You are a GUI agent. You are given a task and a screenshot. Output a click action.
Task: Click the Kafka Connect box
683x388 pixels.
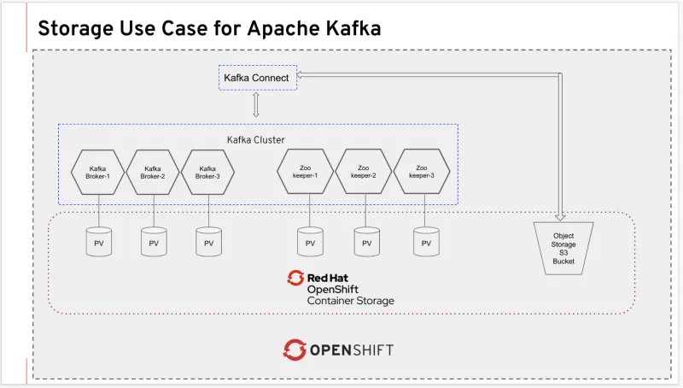click(x=256, y=78)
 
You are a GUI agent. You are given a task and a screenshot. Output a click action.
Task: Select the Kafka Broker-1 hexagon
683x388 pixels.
click(x=98, y=172)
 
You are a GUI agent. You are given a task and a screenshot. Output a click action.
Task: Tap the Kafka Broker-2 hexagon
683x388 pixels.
click(x=153, y=172)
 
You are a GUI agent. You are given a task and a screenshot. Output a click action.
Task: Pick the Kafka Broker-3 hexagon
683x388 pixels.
click(x=207, y=172)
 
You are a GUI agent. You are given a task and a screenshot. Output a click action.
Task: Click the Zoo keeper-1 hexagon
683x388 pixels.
click(x=304, y=172)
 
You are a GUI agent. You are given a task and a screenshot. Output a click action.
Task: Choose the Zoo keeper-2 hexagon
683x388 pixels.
click(x=364, y=172)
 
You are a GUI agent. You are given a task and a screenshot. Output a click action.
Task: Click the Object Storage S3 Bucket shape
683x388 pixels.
click(x=563, y=248)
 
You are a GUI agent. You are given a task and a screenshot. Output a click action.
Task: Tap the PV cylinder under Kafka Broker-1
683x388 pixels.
click(x=98, y=242)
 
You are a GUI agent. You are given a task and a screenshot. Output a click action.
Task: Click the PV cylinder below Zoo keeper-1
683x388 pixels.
click(x=309, y=242)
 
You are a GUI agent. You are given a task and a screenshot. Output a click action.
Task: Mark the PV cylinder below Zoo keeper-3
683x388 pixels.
click(x=425, y=242)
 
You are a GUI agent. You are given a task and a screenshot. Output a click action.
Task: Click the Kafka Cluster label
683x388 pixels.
click(x=255, y=139)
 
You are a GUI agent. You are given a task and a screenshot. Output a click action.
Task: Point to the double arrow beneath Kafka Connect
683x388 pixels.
click(x=255, y=104)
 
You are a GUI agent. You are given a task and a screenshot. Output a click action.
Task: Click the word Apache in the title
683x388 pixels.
click(x=285, y=27)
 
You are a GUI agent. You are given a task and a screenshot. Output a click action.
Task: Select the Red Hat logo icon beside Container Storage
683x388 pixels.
click(x=296, y=279)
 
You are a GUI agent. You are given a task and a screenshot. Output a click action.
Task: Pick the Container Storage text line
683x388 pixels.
click(x=350, y=301)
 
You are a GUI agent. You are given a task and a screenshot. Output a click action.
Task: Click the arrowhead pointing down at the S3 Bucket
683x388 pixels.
click(x=561, y=215)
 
